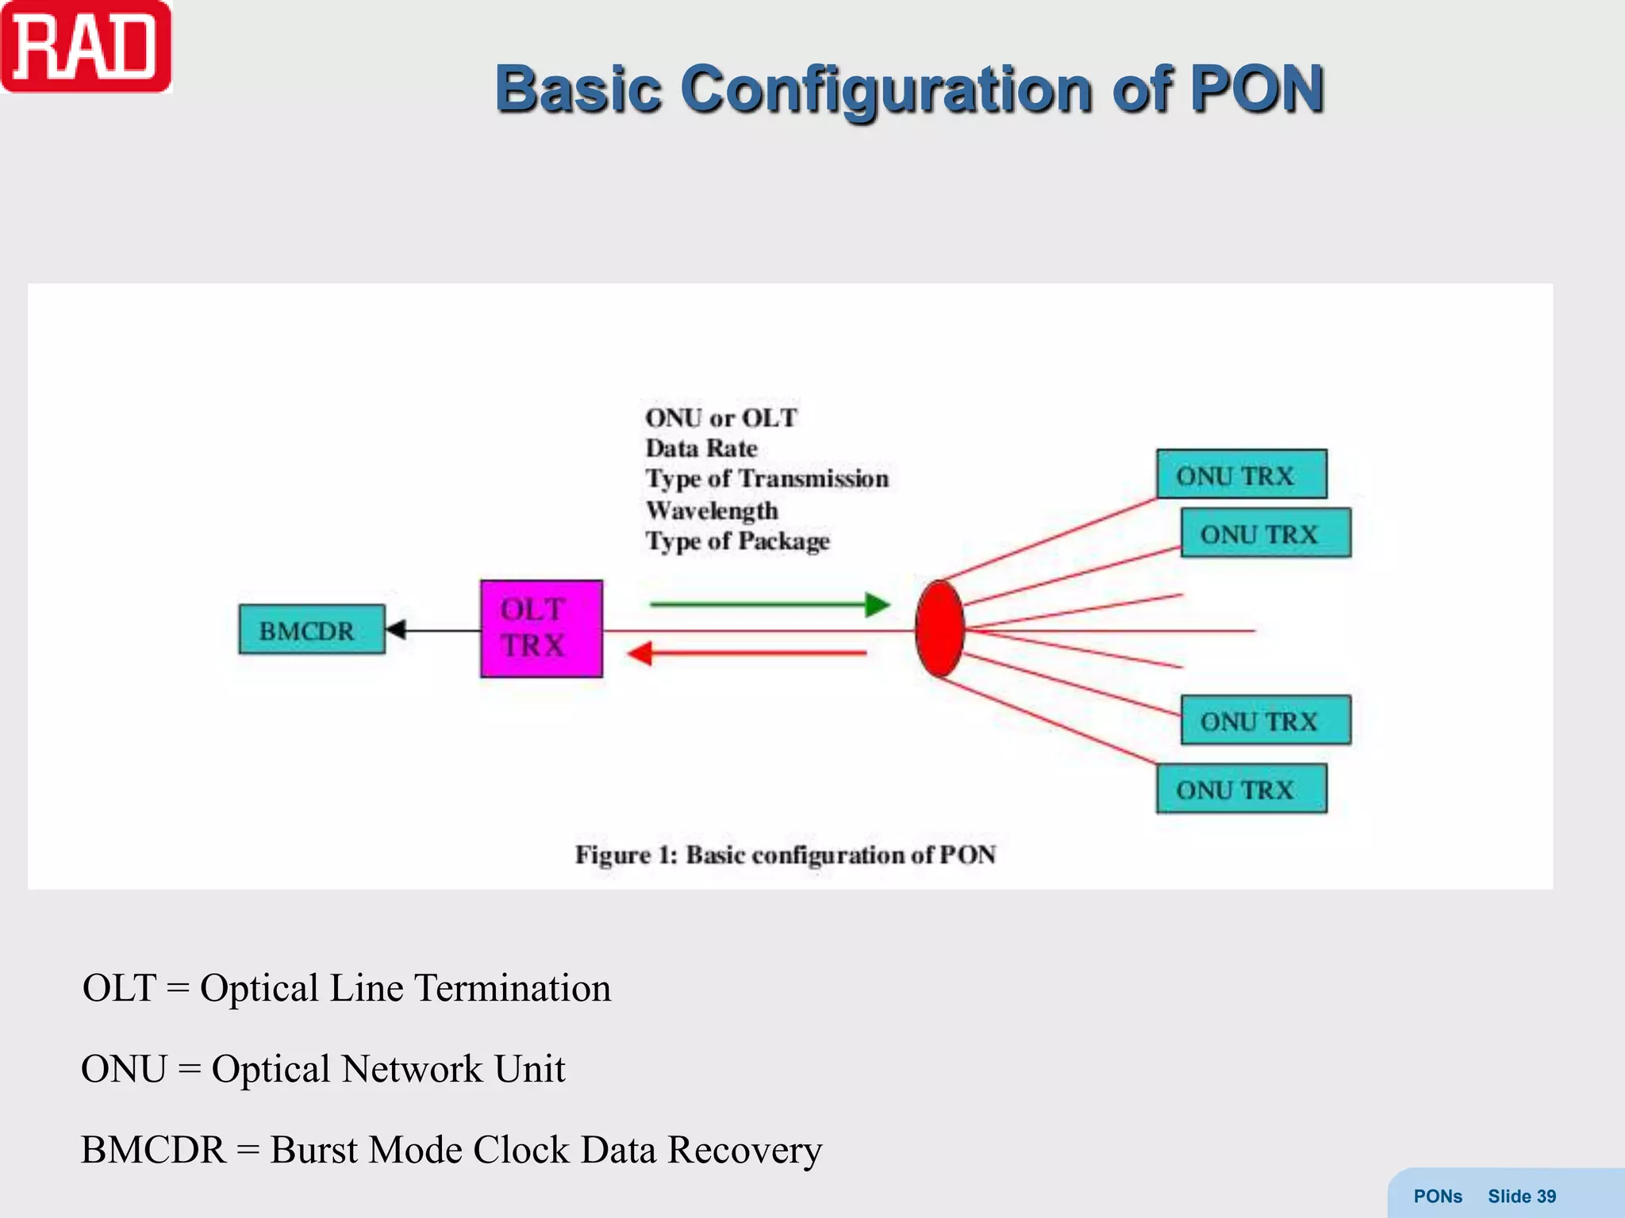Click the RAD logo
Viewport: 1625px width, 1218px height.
point(86,48)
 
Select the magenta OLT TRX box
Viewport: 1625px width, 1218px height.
point(541,629)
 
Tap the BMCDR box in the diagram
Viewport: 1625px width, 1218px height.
point(311,630)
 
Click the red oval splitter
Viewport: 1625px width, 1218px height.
point(939,629)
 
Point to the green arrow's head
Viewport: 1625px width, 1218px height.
point(878,605)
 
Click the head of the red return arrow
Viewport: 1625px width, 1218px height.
point(640,653)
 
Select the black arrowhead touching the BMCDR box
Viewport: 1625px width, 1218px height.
point(395,630)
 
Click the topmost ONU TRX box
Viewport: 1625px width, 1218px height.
point(1241,474)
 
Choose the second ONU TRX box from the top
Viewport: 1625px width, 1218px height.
point(1265,533)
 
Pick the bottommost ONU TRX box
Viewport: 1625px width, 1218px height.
point(1241,788)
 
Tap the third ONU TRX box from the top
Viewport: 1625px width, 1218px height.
point(1265,720)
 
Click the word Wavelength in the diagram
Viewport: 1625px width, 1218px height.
point(712,511)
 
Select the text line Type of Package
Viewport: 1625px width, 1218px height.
point(737,541)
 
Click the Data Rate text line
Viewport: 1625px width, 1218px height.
point(701,448)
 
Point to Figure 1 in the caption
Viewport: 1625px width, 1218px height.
point(624,855)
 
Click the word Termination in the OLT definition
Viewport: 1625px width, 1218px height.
point(513,988)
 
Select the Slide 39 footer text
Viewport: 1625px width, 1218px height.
point(1521,1196)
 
